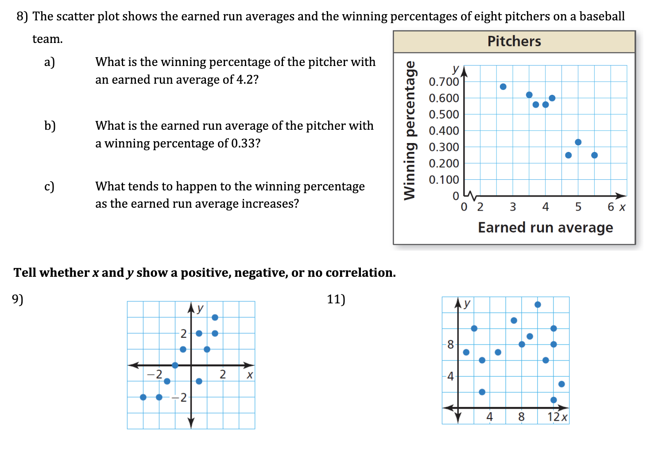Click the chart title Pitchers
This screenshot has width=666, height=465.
click(514, 41)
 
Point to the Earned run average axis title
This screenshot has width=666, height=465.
click(545, 228)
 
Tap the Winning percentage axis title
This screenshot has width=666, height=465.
click(410, 130)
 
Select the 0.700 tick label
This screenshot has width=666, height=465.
click(444, 82)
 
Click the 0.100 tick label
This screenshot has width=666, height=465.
click(444, 180)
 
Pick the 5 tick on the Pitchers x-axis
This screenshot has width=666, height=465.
click(578, 207)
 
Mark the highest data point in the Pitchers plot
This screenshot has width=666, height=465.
click(503, 87)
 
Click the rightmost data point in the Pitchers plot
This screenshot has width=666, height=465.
click(594, 155)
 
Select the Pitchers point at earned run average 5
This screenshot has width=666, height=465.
click(578, 142)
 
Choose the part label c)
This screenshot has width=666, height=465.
click(49, 186)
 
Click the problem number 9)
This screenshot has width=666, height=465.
click(18, 299)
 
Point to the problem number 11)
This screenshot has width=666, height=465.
click(336, 299)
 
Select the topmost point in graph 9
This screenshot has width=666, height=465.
click(215, 317)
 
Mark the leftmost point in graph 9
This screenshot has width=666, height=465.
click(143, 397)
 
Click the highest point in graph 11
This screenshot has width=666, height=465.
click(538, 304)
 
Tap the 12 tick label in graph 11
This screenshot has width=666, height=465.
click(554, 417)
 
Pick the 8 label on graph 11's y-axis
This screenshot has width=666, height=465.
click(450, 344)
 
